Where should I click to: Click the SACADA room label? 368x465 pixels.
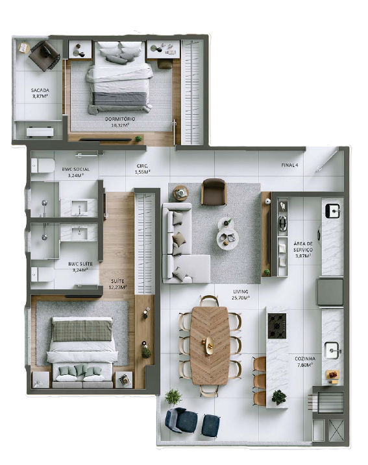click(x=40, y=93)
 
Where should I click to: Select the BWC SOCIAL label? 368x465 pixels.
click(x=75, y=172)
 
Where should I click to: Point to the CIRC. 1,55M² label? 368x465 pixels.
click(x=143, y=169)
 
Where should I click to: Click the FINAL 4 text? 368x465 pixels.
click(x=289, y=165)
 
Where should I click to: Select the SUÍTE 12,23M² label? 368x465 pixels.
click(x=118, y=283)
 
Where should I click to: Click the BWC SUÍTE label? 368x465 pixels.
click(x=81, y=267)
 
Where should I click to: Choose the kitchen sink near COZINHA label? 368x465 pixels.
click(x=333, y=350)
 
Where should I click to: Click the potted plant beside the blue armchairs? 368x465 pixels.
click(x=173, y=396)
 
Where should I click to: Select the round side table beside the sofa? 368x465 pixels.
click(x=180, y=193)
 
